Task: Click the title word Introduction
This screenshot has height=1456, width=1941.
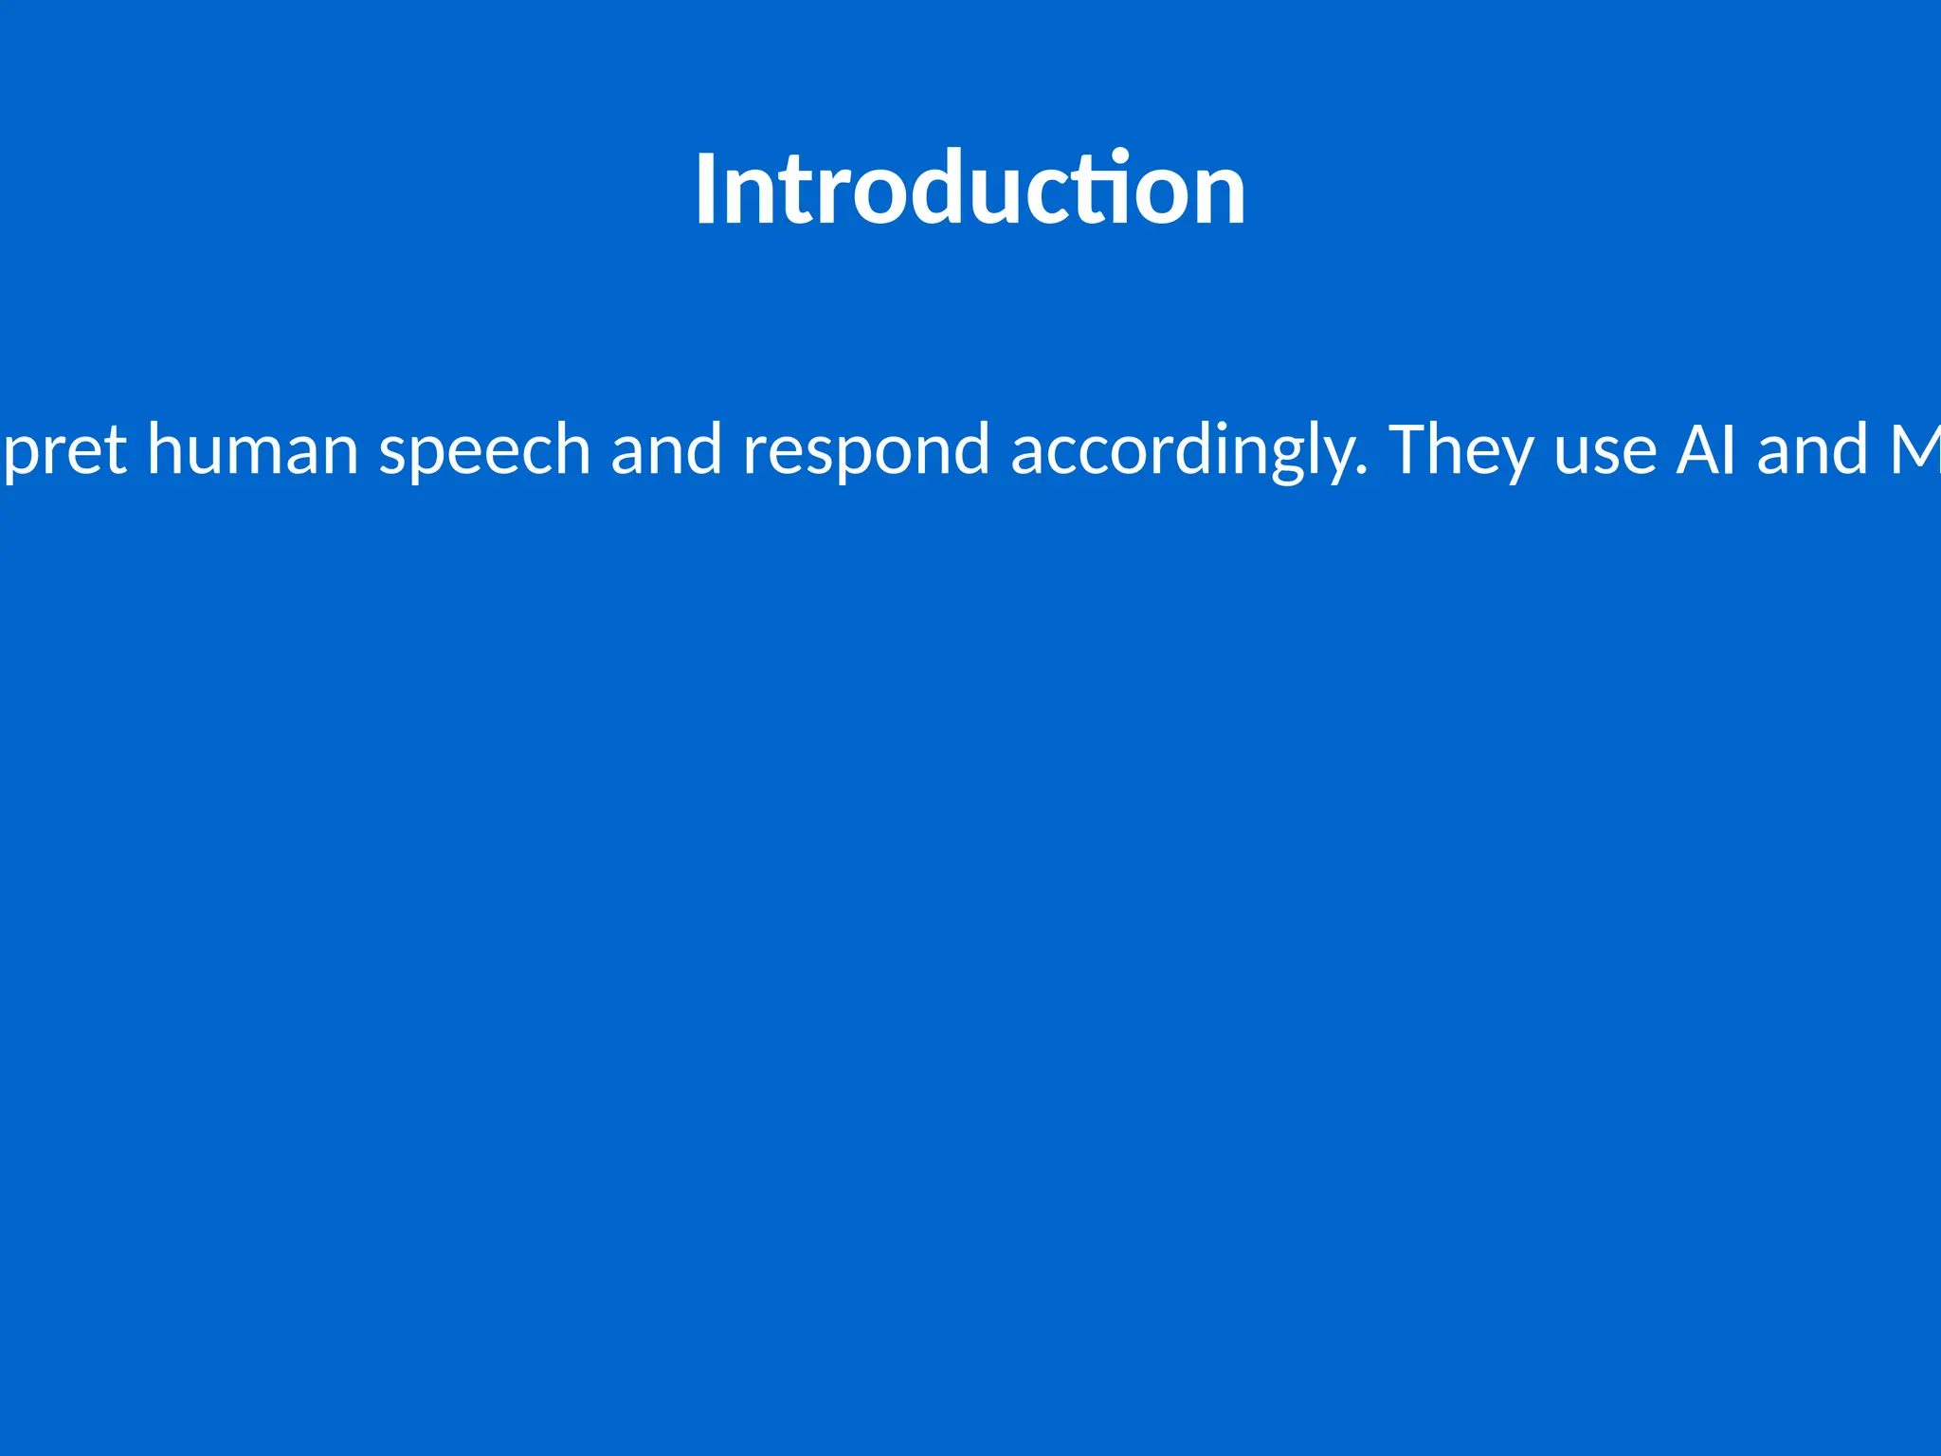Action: click(970, 190)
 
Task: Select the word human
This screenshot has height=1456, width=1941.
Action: click(252, 449)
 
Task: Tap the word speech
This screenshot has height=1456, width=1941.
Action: click(484, 451)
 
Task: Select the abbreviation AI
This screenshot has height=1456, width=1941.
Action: click(1706, 449)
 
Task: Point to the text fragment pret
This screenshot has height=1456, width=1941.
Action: click(64, 453)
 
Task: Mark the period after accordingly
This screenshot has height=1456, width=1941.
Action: click(1362, 471)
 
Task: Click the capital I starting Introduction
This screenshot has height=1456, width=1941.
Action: click(704, 190)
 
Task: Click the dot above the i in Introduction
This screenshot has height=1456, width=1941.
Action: click(1121, 155)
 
